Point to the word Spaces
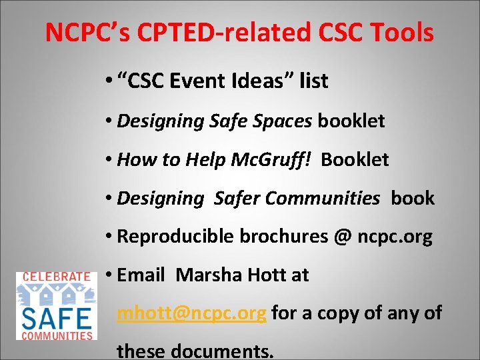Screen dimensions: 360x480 click(279, 121)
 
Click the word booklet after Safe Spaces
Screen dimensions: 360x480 click(351, 121)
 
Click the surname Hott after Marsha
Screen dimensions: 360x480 click(265, 275)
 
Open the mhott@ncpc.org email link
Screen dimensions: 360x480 click(192, 313)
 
